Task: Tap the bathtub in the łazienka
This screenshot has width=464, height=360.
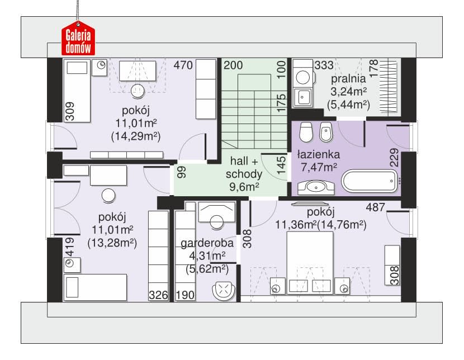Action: point(370,181)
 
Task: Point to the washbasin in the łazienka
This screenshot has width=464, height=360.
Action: point(316,187)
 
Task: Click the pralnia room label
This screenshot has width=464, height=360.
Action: point(348,79)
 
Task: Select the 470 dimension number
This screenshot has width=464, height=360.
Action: point(183,65)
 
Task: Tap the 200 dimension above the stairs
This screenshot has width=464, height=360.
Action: point(233,65)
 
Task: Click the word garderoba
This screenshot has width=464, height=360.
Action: point(207,243)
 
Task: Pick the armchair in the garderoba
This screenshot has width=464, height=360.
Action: point(224,291)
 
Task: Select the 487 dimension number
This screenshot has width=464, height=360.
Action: point(375,207)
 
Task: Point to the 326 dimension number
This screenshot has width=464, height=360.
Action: point(158,295)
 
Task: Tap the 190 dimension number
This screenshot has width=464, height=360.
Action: point(185,295)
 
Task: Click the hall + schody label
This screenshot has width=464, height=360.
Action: point(244,168)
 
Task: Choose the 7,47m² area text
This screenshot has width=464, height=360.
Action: point(319,168)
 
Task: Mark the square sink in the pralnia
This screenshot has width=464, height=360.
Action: point(302,97)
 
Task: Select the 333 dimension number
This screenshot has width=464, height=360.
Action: point(324,65)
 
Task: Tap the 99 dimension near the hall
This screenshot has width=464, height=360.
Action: point(182,172)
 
